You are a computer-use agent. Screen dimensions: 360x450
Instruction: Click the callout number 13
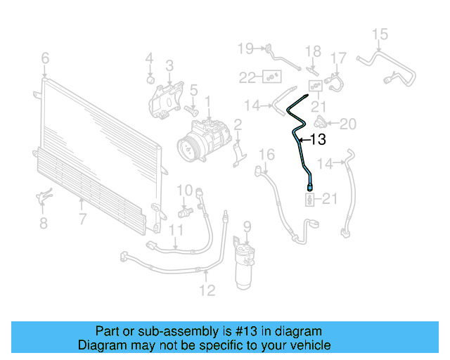tap(318, 140)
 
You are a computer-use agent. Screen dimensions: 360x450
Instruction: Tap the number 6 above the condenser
tap(45, 58)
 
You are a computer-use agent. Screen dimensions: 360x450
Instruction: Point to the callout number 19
tap(245, 48)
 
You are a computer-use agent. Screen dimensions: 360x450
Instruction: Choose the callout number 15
tap(379, 34)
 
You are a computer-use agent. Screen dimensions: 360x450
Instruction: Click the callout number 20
tap(349, 124)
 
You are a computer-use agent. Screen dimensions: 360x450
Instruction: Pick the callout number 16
tap(267, 154)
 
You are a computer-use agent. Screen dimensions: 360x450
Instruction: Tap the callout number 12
tap(207, 288)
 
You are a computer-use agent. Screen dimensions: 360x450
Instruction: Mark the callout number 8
tap(44, 224)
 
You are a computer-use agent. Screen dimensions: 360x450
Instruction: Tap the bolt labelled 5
tap(191, 110)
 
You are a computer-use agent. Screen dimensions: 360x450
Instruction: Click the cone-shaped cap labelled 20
tap(321, 124)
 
